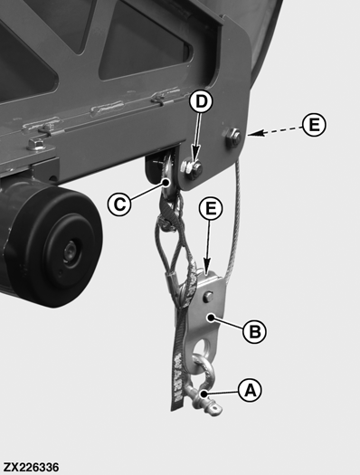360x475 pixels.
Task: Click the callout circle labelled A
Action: tap(250, 390)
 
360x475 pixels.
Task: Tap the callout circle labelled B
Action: tap(255, 331)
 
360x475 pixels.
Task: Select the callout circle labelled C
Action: tap(119, 204)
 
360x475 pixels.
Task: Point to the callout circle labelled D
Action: tap(202, 101)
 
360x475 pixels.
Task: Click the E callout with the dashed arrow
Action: tap(314, 125)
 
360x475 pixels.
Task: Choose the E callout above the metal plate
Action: tap(211, 209)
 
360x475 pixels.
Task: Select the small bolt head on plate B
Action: tap(208, 296)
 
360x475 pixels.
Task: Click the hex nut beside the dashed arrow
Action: tap(232, 137)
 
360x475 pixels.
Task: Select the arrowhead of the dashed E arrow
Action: tap(251, 133)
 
